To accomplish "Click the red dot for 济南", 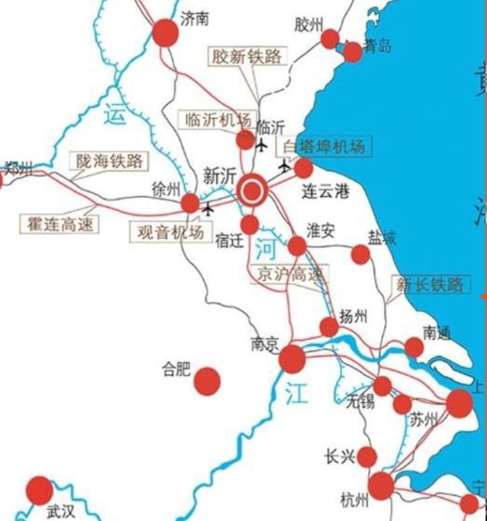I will click(x=165, y=33).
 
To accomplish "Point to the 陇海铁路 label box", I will click(x=111, y=161).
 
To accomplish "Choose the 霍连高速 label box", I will click(x=58, y=224).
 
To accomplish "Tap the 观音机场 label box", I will click(x=170, y=232).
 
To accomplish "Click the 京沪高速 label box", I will click(x=289, y=274).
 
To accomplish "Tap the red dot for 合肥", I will click(x=207, y=380).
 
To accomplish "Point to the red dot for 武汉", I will click(x=39, y=489).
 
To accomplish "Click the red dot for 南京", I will click(x=292, y=358).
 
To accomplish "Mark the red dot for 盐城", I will click(x=361, y=254).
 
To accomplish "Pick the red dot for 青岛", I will click(x=352, y=52).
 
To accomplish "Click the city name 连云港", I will click(x=324, y=193).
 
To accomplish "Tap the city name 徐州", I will click(x=165, y=188).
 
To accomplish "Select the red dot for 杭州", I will click(x=380, y=486).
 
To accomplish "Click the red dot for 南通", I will click(x=415, y=347).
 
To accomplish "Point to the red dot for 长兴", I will click(x=367, y=456).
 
